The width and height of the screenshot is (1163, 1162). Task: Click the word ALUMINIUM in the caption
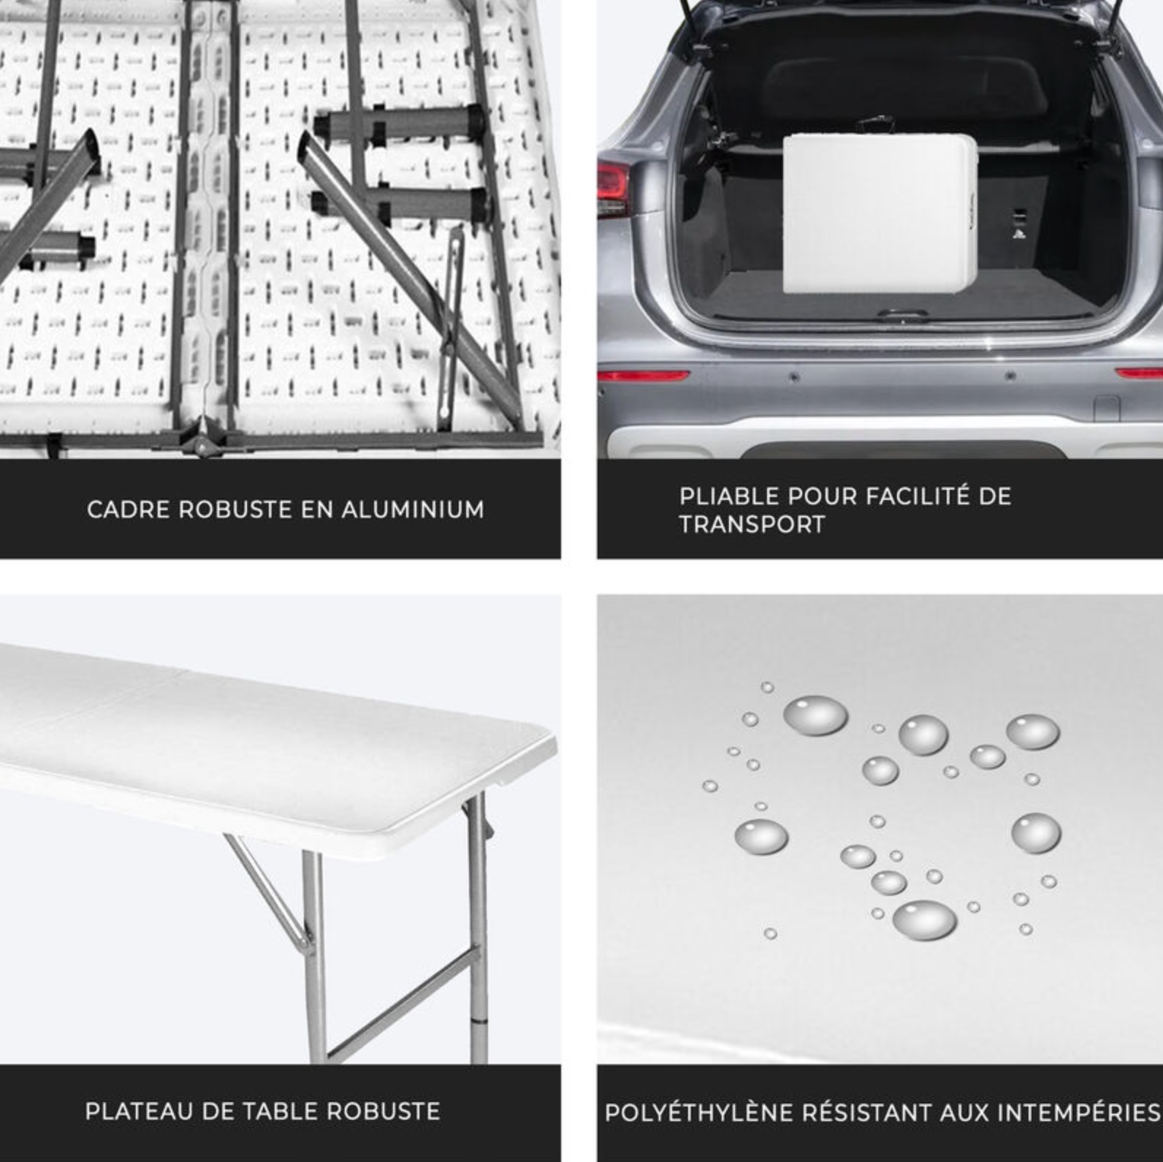pos(412,509)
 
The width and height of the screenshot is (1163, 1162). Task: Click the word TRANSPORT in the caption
pos(752,524)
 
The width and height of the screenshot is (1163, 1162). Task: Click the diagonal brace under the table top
pos(267,888)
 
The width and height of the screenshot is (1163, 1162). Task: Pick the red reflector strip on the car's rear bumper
pos(643,376)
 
